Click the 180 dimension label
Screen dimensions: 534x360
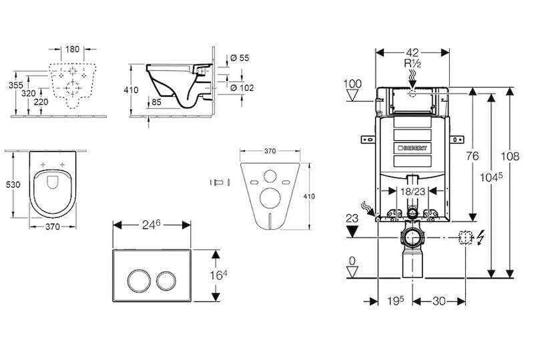[x=72, y=49]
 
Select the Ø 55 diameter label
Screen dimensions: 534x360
[x=240, y=58]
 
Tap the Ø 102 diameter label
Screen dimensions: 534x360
[x=242, y=88]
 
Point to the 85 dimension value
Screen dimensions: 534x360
[x=156, y=102]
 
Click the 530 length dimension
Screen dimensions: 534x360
[x=13, y=184]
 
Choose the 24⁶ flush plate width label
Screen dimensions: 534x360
[x=151, y=225]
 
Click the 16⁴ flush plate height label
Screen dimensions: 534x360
[x=219, y=275]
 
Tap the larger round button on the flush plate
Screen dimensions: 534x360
[x=139, y=281]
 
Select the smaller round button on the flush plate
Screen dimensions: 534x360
[x=166, y=281]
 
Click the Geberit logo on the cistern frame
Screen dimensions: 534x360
[x=412, y=148]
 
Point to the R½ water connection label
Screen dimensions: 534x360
[x=413, y=63]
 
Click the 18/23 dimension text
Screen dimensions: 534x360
[x=413, y=191]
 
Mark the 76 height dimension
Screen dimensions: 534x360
[x=473, y=156]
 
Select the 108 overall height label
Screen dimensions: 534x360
[x=510, y=156]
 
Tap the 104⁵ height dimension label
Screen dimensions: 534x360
[x=491, y=177]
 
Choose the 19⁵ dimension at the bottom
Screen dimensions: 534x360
[x=395, y=301]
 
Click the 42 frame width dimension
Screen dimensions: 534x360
[x=413, y=53]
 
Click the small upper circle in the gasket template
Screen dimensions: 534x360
[x=270, y=176]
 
